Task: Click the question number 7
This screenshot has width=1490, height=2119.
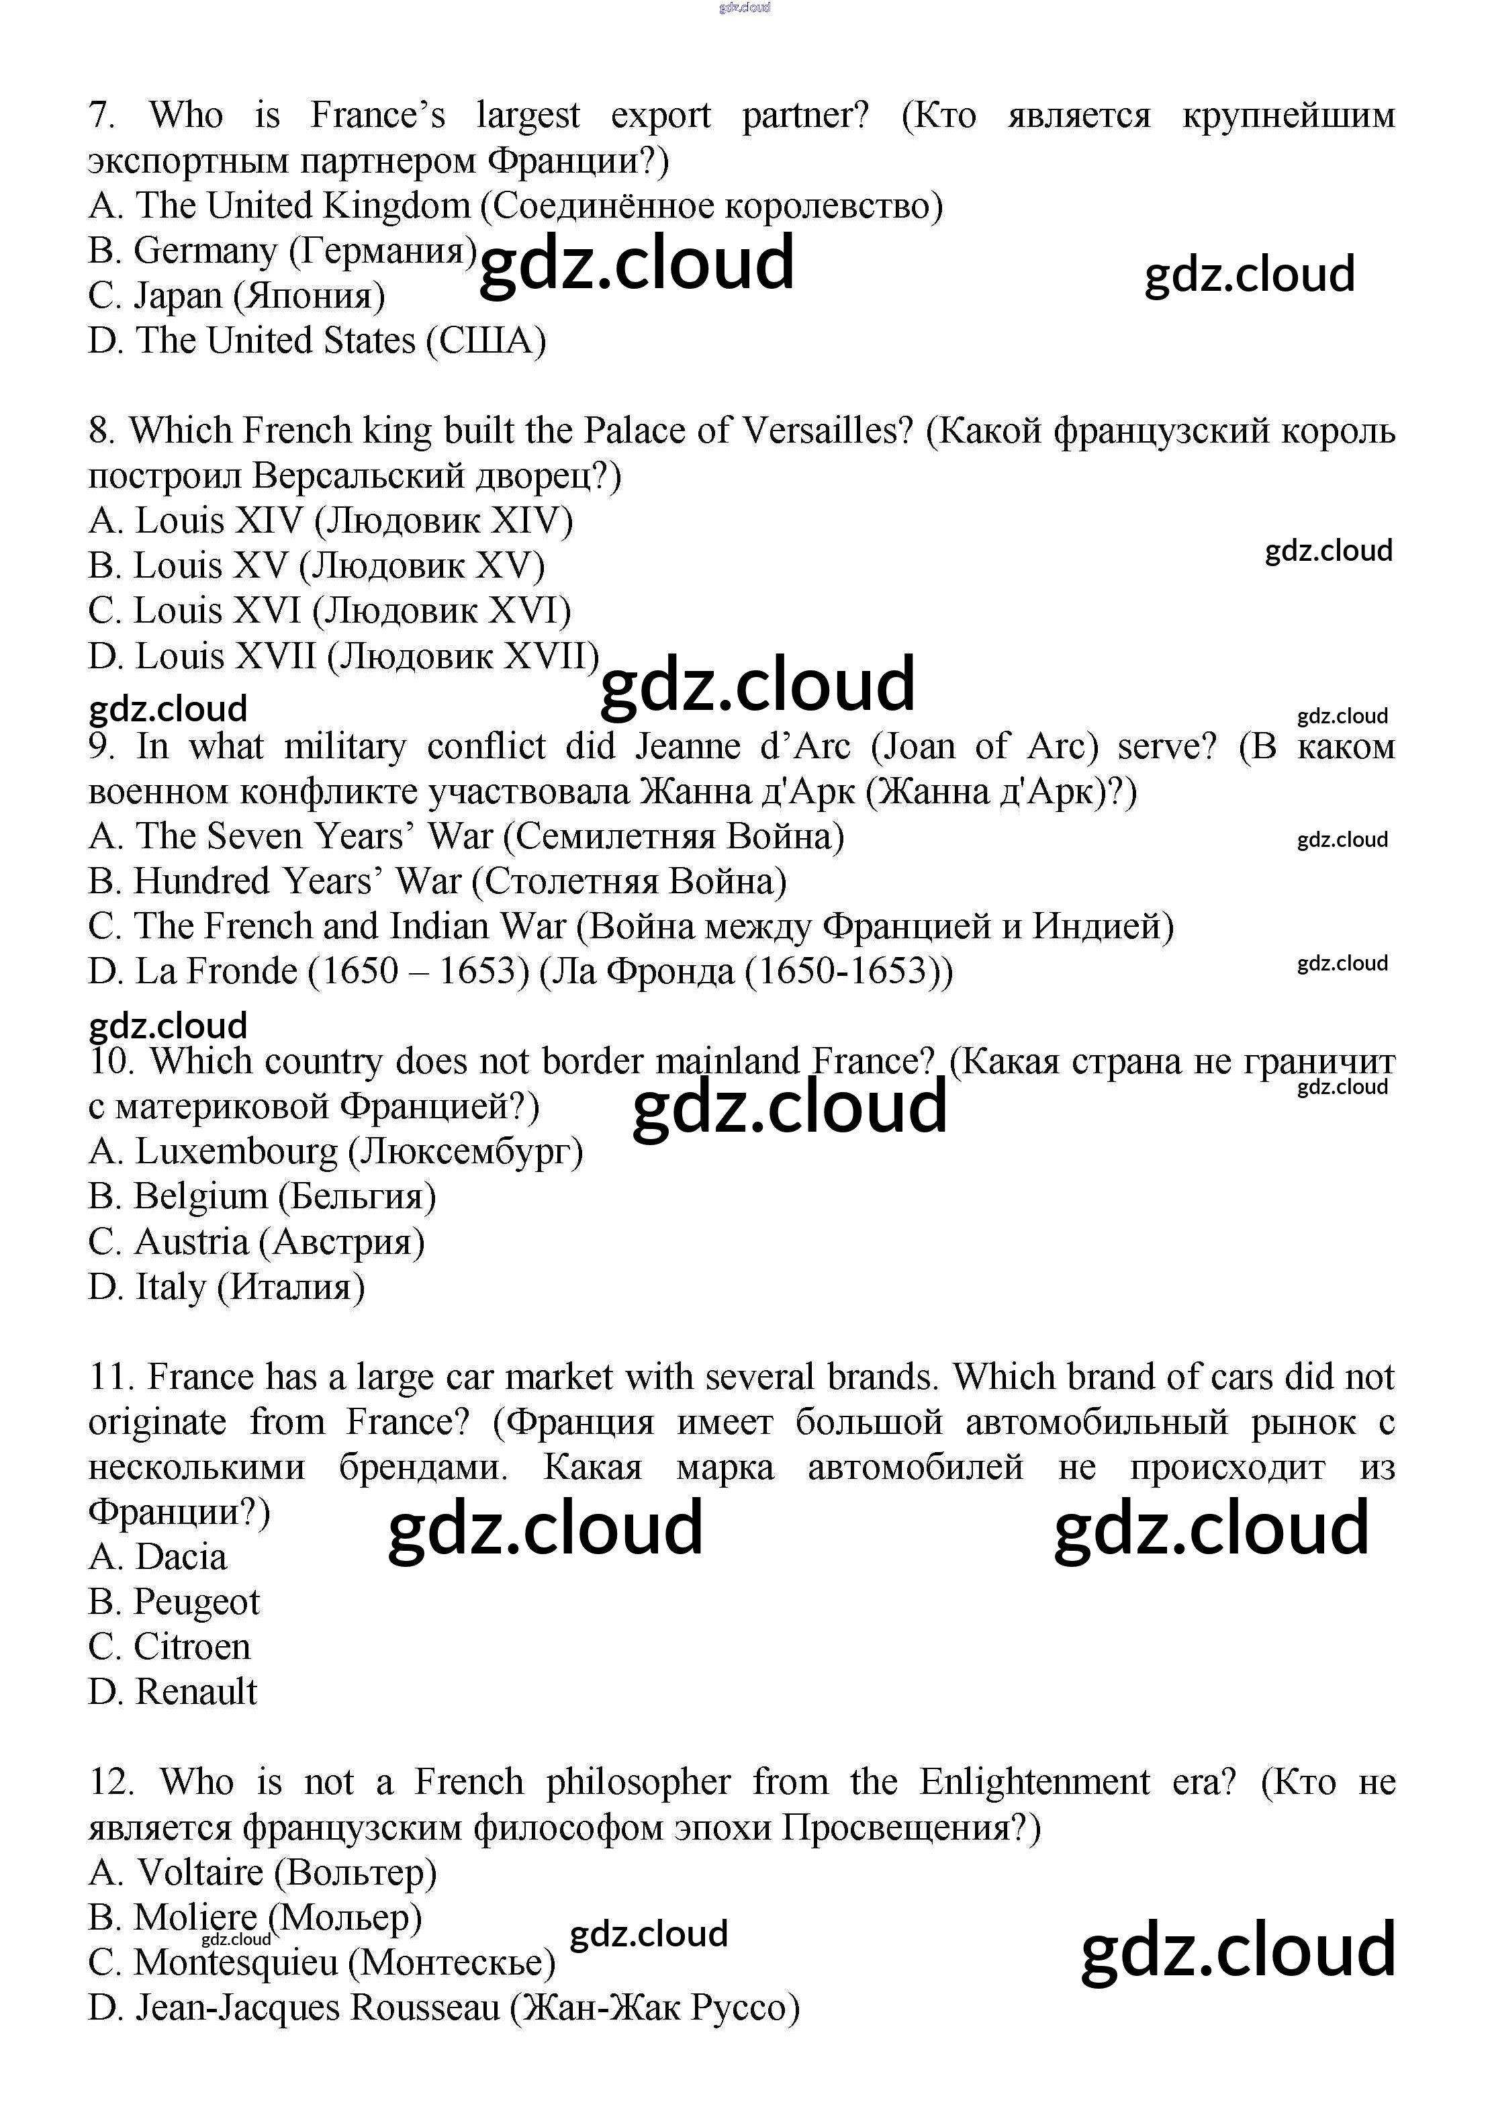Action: (101, 116)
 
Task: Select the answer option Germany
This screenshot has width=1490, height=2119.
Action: (205, 251)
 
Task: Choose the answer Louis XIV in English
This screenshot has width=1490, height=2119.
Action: (219, 521)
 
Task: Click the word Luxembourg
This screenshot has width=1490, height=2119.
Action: (236, 1152)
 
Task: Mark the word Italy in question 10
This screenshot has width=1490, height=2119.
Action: (171, 1288)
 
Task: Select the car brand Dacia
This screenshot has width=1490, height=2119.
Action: (181, 1557)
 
